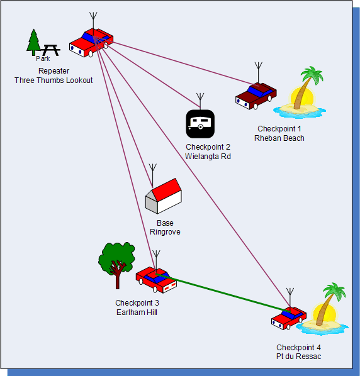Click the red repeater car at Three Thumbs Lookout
(x=91, y=43)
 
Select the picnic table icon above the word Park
(x=50, y=50)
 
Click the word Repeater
(x=53, y=71)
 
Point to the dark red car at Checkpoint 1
(x=256, y=96)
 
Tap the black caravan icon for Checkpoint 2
(x=200, y=124)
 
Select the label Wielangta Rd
(x=208, y=157)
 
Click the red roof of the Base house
(x=167, y=189)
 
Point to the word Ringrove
(x=165, y=232)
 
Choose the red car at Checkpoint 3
(x=156, y=280)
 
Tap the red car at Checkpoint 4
(x=289, y=318)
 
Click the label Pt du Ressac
(x=298, y=357)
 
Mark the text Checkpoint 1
(x=279, y=129)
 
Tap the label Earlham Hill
(x=137, y=312)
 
